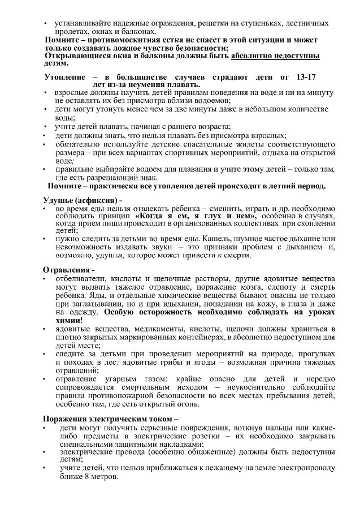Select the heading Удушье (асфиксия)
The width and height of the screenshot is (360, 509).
click(x=81, y=201)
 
